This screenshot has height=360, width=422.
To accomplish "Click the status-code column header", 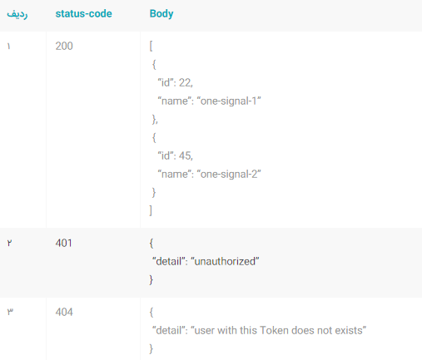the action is tap(83, 13).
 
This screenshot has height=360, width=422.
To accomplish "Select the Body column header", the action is tap(161, 13).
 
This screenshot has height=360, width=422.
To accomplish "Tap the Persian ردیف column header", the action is tap(17, 14).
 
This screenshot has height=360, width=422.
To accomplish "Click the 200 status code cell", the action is tap(64, 46).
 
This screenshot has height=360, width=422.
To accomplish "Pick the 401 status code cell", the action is tap(64, 243).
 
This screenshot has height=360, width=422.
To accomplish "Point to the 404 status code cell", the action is tap(64, 312).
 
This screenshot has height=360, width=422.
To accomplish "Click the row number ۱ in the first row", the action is tap(9, 46).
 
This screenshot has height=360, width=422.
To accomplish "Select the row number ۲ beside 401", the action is tap(9, 243).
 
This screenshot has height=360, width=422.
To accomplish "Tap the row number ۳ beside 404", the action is tap(10, 312).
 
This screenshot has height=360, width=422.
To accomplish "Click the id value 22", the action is tap(185, 82).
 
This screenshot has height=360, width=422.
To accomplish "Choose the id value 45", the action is tap(185, 155).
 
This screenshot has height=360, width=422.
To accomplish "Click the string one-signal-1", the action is tap(229, 101).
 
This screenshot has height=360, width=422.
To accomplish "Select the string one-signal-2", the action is tap(229, 175).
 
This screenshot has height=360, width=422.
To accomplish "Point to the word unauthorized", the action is tap(225, 261).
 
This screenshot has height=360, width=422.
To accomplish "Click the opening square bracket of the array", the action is tap(151, 46).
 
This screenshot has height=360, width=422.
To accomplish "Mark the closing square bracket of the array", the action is tap(151, 210).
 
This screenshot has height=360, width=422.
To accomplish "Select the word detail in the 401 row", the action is tap(169, 261).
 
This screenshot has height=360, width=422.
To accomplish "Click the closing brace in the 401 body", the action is tap(151, 279).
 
